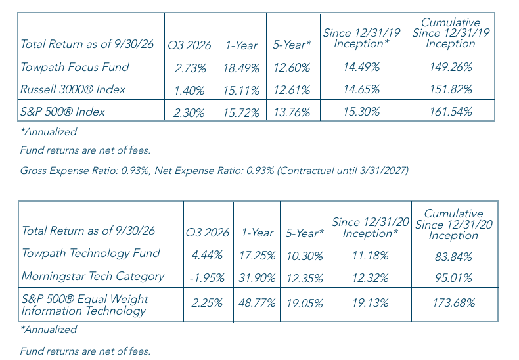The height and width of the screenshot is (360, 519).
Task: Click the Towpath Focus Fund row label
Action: tap(75, 67)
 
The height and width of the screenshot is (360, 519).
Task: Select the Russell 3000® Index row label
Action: tap(73, 89)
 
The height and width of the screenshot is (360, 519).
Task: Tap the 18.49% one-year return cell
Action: tap(241, 68)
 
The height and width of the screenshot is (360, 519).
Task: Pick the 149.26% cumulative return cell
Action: tap(451, 67)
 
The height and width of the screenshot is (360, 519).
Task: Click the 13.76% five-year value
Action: tap(292, 112)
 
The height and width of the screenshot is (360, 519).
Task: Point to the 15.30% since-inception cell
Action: tap(361, 112)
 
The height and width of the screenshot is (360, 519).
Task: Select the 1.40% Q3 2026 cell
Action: tap(189, 91)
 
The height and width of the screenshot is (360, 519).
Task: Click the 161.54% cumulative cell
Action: tap(451, 112)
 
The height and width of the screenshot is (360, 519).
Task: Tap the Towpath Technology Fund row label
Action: tap(91, 253)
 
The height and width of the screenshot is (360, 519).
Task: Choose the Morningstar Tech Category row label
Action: tap(93, 277)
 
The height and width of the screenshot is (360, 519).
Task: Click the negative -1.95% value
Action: tap(207, 278)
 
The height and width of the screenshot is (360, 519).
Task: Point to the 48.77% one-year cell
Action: tap(257, 303)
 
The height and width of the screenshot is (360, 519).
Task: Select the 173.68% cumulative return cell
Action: tap(454, 303)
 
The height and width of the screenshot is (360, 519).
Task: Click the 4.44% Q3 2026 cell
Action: tap(207, 255)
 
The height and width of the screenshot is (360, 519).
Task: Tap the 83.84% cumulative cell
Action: tap(453, 256)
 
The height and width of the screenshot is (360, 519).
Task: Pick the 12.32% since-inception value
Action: tap(371, 278)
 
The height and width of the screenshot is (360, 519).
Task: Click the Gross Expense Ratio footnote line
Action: tap(214, 171)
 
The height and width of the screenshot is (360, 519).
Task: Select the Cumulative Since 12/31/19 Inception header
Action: tap(451, 33)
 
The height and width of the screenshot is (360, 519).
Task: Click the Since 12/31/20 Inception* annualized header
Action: tap(371, 228)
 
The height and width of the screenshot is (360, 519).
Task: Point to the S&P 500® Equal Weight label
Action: tap(85, 299)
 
